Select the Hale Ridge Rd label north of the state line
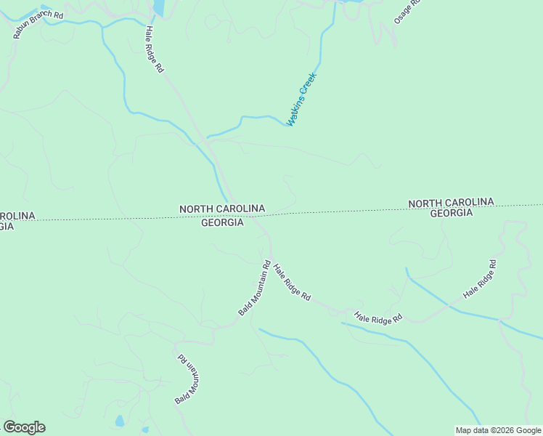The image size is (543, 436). (154, 49)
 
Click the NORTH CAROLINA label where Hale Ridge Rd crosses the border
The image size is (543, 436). (222, 209)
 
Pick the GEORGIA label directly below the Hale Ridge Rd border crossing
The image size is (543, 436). (222, 222)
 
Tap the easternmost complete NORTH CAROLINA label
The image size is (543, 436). (451, 203)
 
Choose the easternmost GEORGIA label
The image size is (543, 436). (452, 213)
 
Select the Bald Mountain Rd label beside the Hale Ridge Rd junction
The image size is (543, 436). (255, 288)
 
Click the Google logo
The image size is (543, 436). (24, 427)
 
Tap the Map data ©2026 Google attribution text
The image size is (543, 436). (498, 430)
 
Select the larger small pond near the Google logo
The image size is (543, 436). (119, 421)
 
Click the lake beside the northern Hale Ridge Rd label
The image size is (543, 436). (158, 7)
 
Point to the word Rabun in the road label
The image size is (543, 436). (24, 27)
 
